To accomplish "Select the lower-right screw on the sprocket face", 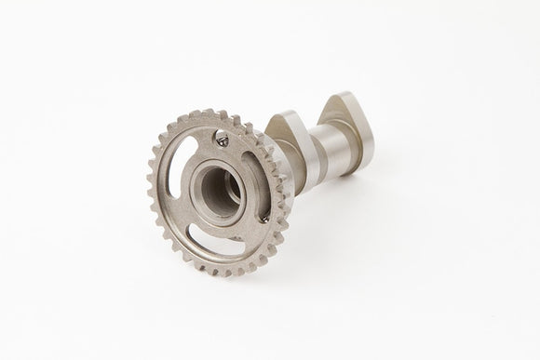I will pyautogui.click(x=264, y=220).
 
